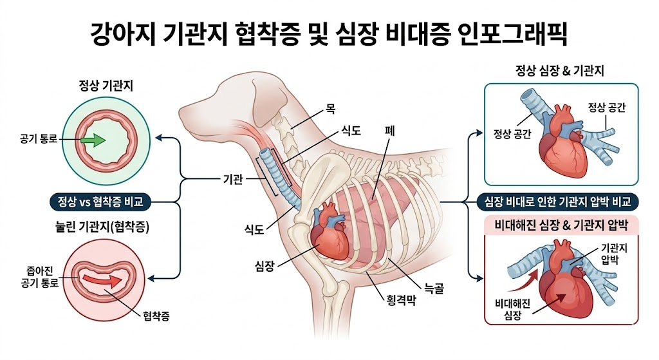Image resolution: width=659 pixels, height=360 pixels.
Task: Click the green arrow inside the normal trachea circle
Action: coord(94,140)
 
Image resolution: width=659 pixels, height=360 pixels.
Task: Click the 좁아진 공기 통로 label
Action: coord(39,278)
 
